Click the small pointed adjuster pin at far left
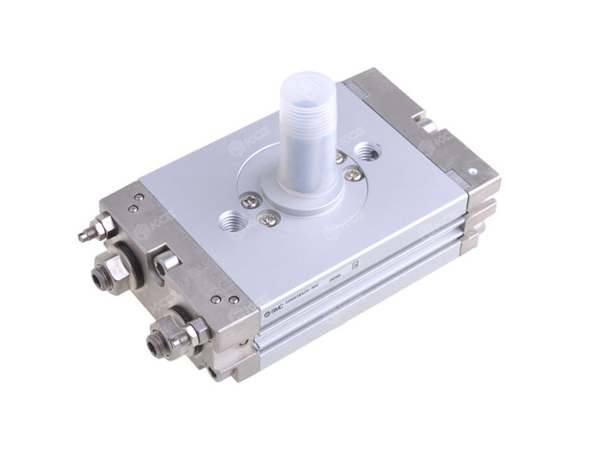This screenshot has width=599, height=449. pos(83,236)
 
